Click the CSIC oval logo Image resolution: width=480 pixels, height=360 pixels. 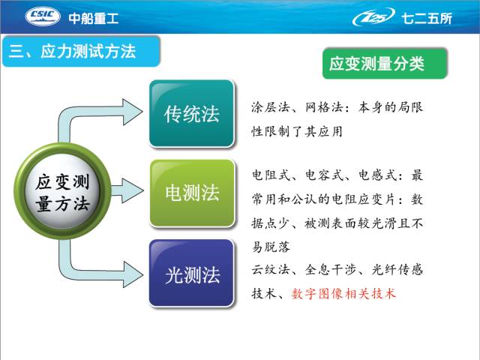click(42, 16)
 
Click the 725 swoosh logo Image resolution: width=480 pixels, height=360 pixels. click(373, 16)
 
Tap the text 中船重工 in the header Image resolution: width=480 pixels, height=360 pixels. click(94, 18)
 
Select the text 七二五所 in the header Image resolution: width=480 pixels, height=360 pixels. click(427, 18)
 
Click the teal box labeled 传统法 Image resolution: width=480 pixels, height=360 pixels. click(192, 113)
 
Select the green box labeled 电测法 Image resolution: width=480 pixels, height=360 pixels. click(193, 193)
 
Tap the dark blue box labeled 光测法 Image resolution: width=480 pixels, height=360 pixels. click(192, 273)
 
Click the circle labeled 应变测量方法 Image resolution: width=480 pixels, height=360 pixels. click(62, 191)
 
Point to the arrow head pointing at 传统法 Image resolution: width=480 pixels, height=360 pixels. click(133, 112)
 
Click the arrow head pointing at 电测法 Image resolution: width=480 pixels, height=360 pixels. click(133, 190)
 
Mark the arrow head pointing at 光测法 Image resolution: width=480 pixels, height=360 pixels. click(133, 274)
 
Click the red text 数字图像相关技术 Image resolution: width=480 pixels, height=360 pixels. click(343, 294)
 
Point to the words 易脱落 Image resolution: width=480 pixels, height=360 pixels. click(271, 247)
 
